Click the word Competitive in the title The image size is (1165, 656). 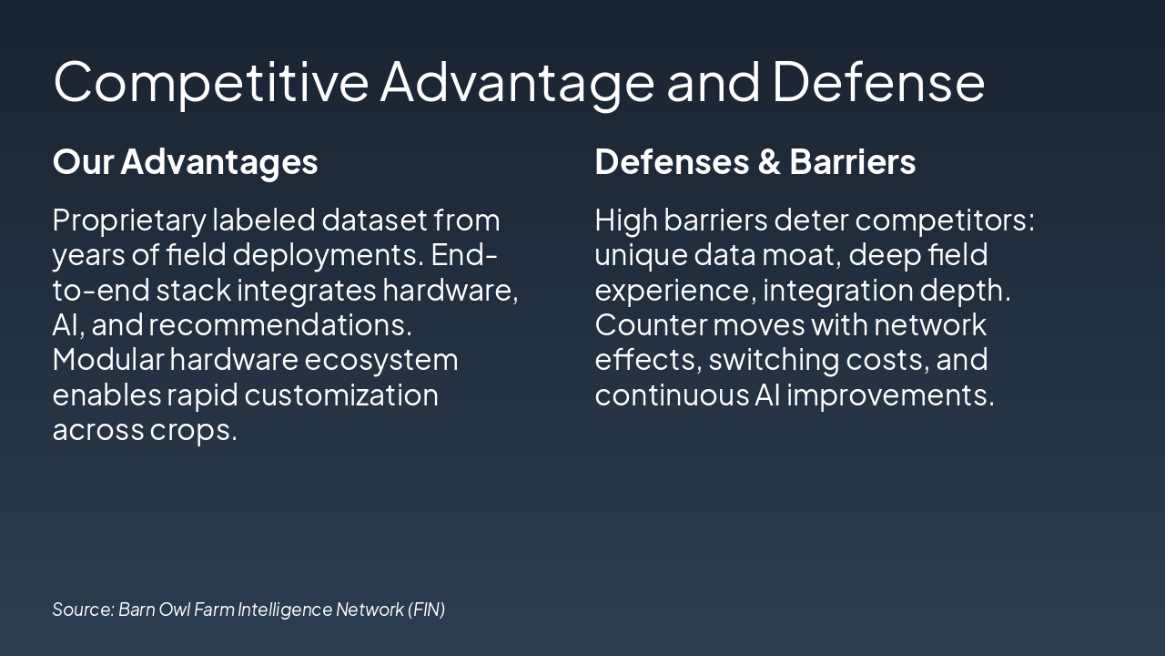tap(211, 83)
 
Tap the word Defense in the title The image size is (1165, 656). tap(879, 81)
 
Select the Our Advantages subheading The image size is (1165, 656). tap(185, 162)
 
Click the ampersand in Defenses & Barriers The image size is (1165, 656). tap(769, 161)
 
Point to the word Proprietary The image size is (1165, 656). tap(129, 221)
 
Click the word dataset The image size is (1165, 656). tap(374, 220)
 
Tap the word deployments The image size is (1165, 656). tap(329, 257)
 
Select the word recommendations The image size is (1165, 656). tap(280, 325)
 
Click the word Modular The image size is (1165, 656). tap(108, 359)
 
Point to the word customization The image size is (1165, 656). tap(341, 396)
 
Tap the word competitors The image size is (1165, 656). tap(945, 221)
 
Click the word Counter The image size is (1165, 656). tap(651, 325)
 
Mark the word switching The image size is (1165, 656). tap(774, 361)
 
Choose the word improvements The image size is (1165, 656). tap(890, 396)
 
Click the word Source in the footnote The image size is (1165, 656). tap(83, 610)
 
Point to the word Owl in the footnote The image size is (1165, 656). tap(174, 610)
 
